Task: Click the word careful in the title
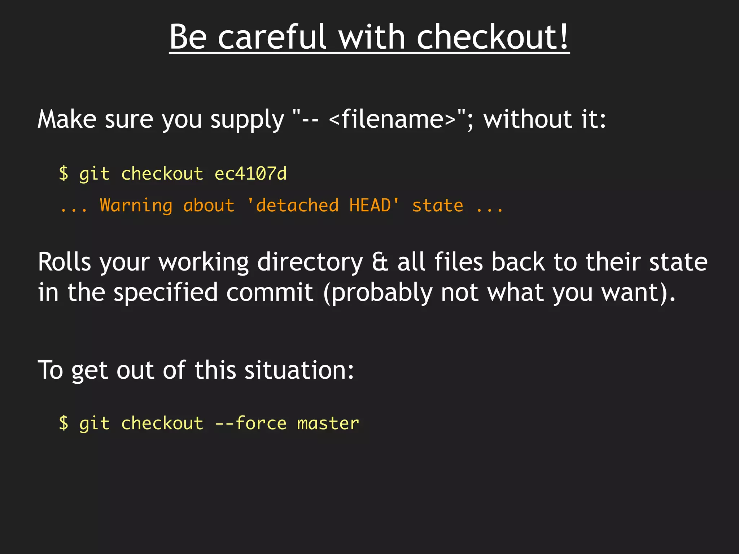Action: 272,38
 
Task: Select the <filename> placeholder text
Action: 393,119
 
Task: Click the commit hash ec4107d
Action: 250,174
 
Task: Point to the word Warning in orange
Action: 136,206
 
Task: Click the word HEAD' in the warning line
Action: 374,206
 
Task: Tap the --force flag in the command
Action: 250,423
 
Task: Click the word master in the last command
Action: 328,424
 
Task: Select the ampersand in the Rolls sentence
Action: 380,262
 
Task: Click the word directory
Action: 310,263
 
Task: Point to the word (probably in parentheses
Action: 377,293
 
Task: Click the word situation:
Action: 299,370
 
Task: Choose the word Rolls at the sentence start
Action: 64,262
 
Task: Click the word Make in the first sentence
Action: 67,119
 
